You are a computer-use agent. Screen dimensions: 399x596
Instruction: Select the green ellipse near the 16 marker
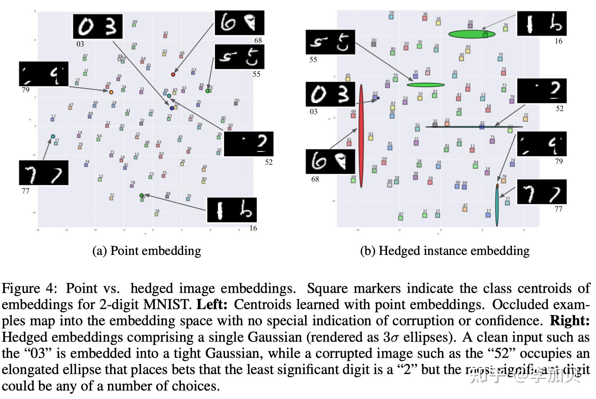(x=472, y=34)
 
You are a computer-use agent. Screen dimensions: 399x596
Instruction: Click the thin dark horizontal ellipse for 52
(x=474, y=127)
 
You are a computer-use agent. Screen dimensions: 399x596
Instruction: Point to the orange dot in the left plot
(x=111, y=92)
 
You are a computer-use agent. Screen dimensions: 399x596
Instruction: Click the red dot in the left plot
(x=173, y=75)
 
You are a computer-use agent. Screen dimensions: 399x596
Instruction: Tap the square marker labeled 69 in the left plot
(x=134, y=25)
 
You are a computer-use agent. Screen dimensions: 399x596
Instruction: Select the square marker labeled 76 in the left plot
(x=157, y=215)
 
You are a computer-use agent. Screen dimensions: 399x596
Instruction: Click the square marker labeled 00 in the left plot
(x=236, y=104)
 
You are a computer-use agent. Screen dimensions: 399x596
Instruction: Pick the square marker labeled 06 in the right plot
(x=391, y=17)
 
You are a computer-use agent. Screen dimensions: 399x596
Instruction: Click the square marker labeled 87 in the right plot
(x=401, y=218)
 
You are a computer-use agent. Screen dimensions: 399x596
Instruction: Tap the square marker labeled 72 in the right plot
(x=525, y=119)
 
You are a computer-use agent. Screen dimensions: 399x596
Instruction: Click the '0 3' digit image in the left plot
(x=98, y=27)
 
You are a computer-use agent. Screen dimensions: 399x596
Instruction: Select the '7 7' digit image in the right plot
(x=541, y=192)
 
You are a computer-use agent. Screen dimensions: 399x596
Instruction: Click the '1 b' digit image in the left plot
(x=232, y=210)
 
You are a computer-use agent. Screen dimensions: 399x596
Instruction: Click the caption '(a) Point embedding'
(x=146, y=250)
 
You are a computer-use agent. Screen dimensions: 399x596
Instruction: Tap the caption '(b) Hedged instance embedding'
(x=444, y=250)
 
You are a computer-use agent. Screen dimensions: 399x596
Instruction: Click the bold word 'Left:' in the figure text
(x=212, y=304)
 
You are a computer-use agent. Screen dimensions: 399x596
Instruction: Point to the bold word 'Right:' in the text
(x=569, y=320)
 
